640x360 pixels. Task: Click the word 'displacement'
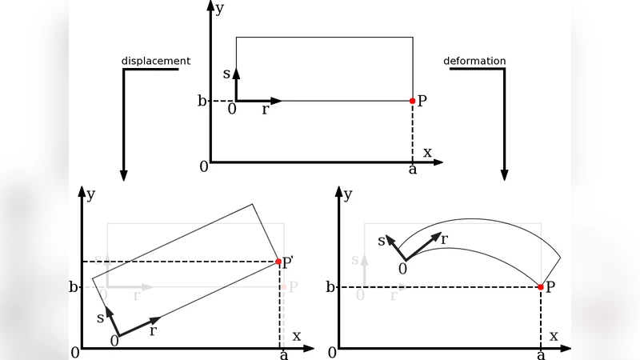156,61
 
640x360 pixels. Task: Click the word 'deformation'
474,61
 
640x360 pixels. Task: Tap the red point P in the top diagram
413,101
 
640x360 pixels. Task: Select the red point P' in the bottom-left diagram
278,262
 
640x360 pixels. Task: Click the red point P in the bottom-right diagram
541,286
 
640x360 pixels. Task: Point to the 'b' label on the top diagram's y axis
202,101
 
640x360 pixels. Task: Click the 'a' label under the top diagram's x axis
413,170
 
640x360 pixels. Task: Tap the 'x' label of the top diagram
427,152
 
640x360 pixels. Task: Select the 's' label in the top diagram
226,74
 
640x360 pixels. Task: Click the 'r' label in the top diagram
265,110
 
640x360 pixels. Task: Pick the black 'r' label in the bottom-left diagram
152,331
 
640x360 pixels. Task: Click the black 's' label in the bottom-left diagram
100,318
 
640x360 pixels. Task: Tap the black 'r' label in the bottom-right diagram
444,238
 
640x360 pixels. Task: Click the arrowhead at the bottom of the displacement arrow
123,174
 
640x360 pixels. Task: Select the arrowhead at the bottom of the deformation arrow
504,174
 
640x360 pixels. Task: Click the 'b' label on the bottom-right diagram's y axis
330,286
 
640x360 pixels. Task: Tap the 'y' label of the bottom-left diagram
91,194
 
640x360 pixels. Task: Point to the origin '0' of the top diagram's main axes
204,166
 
